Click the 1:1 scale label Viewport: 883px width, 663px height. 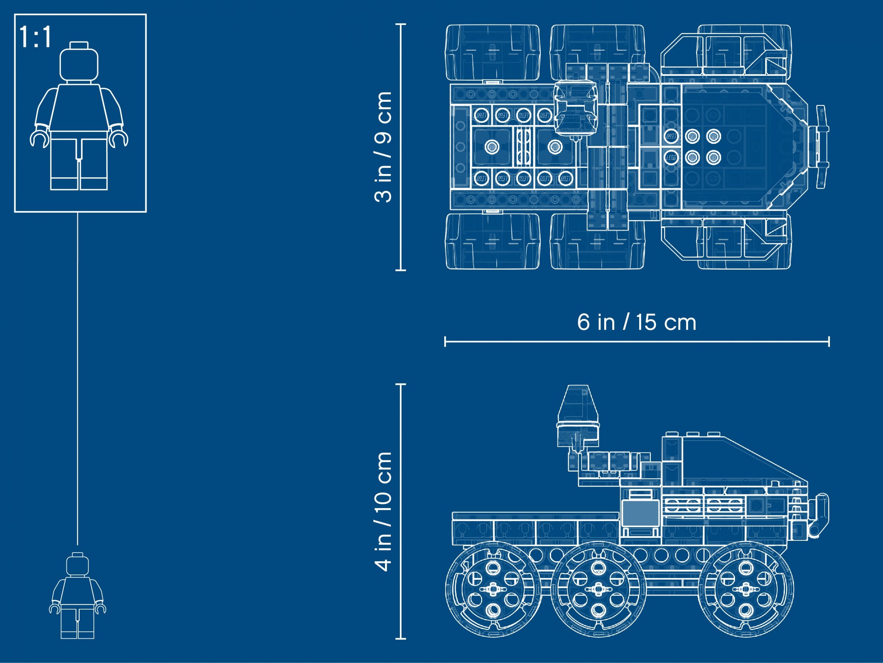point(36,37)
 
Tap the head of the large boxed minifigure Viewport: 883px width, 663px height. point(79,63)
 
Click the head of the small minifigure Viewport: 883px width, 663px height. point(78,564)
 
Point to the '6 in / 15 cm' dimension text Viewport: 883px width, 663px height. point(637,322)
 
